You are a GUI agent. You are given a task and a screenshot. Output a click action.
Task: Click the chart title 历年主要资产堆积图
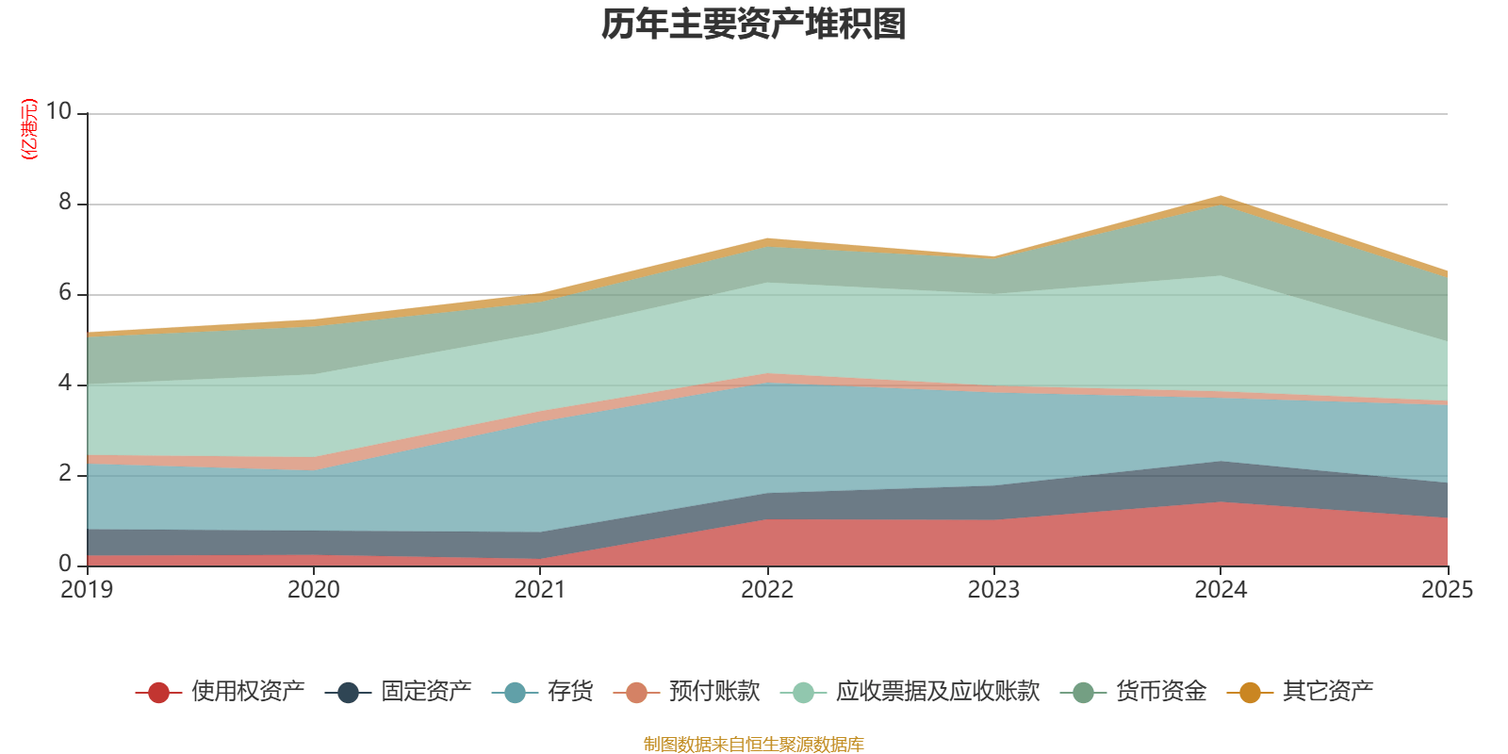[754, 25]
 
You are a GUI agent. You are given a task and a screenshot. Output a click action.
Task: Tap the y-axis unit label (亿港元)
[29, 129]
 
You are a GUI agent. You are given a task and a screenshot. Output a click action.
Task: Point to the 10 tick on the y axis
[58, 112]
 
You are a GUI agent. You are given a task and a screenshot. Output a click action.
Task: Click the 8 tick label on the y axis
[65, 203]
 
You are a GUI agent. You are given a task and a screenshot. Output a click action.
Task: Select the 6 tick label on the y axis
[65, 293]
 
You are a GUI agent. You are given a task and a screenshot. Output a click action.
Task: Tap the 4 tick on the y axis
[65, 384]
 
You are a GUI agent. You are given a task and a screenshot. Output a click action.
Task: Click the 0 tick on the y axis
[65, 565]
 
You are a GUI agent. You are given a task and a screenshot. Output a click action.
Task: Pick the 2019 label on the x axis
[87, 590]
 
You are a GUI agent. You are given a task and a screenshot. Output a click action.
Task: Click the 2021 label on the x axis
[540, 590]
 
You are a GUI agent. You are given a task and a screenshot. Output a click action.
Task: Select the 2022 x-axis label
[767, 590]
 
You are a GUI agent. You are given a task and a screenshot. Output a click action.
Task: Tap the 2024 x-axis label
[1221, 590]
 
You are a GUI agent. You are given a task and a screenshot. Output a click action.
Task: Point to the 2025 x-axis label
[1447, 590]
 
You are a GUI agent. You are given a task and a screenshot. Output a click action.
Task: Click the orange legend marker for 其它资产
[1250, 693]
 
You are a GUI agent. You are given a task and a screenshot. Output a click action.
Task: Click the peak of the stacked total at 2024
[1221, 197]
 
